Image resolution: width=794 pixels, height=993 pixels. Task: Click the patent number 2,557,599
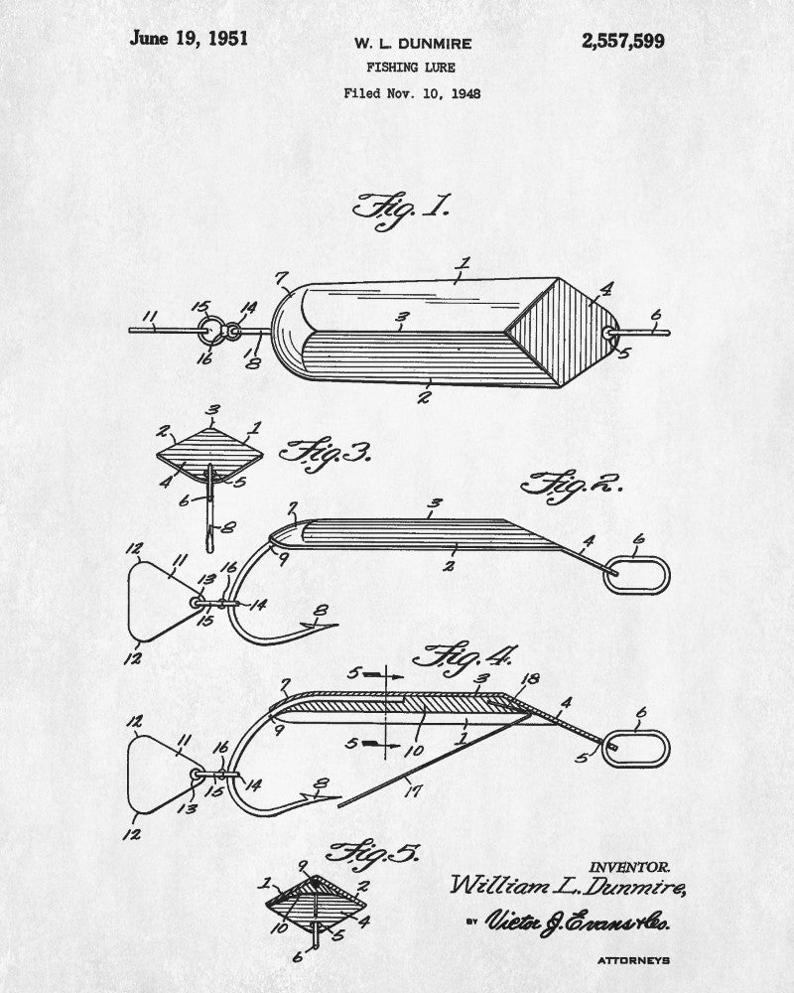623,41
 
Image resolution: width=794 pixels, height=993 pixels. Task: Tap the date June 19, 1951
189,40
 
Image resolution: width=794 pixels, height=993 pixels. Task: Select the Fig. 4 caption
466,656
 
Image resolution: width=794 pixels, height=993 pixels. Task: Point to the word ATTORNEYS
633,960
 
